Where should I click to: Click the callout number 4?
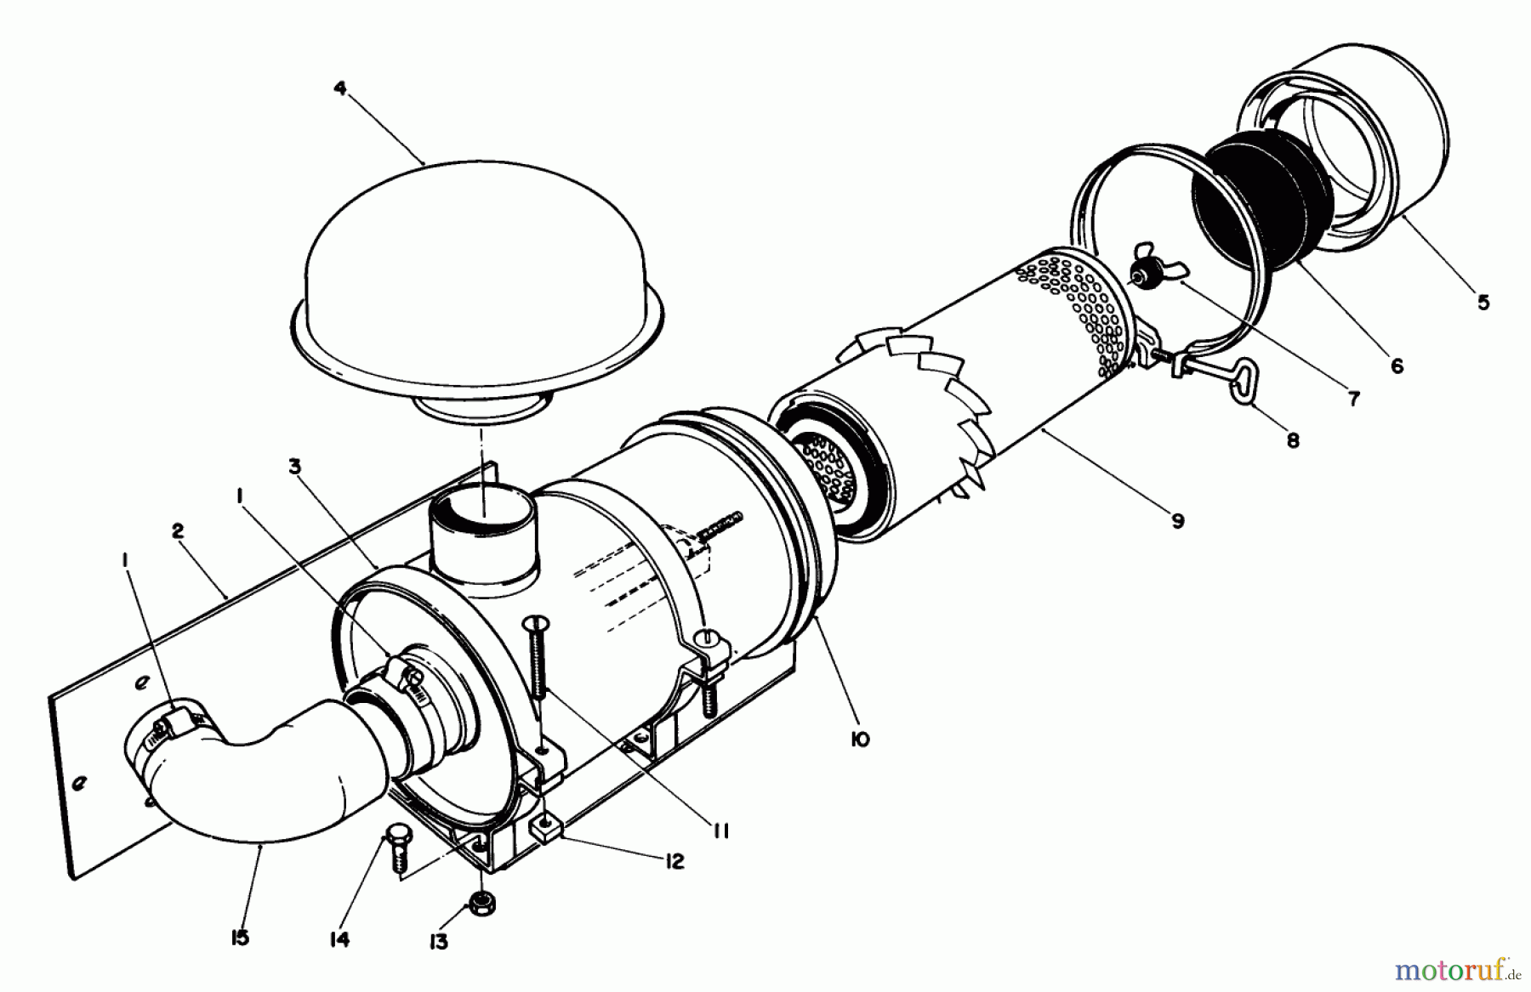[x=340, y=88]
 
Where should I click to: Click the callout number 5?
[x=1483, y=303]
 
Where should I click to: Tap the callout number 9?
[x=1177, y=521]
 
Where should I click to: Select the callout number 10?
[x=859, y=740]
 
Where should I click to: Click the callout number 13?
[x=439, y=943]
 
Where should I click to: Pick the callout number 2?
[x=177, y=531]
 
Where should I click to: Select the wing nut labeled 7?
[x=1141, y=272]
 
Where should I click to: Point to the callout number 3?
[x=294, y=466]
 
